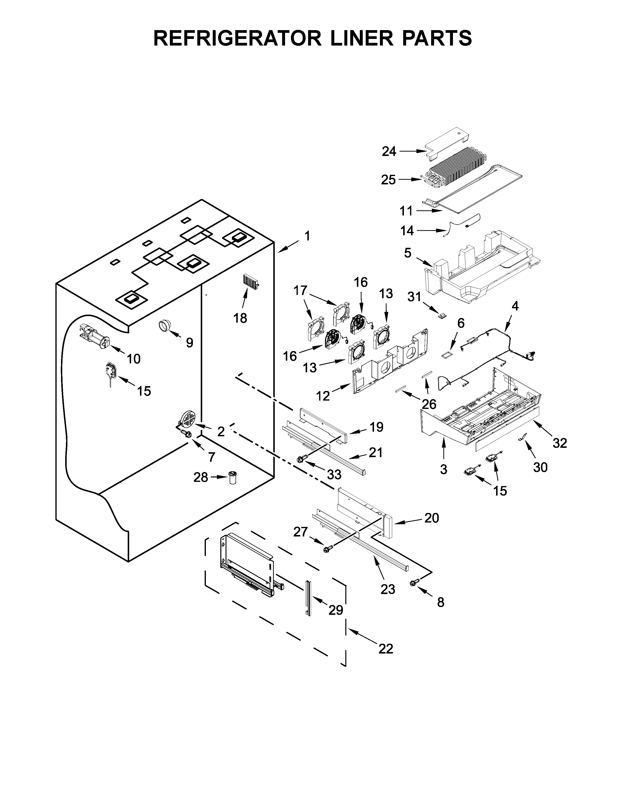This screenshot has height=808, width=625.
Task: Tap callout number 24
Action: (389, 151)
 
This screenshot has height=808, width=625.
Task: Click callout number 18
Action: (240, 318)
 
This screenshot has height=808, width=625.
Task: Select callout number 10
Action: (134, 358)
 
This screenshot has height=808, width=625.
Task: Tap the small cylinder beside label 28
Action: (233, 478)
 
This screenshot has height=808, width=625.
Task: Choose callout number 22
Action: (386, 649)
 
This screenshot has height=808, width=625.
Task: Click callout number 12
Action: (323, 396)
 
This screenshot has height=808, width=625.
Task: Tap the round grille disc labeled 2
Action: (188, 419)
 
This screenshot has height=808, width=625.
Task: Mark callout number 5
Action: (407, 253)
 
